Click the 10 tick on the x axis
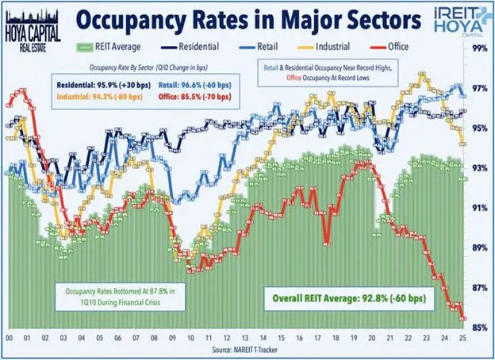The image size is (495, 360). click(190, 337)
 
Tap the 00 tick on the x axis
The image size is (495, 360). click(9, 337)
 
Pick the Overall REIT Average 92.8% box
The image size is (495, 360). click(353, 300)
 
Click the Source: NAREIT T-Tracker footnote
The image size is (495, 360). click(247, 350)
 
